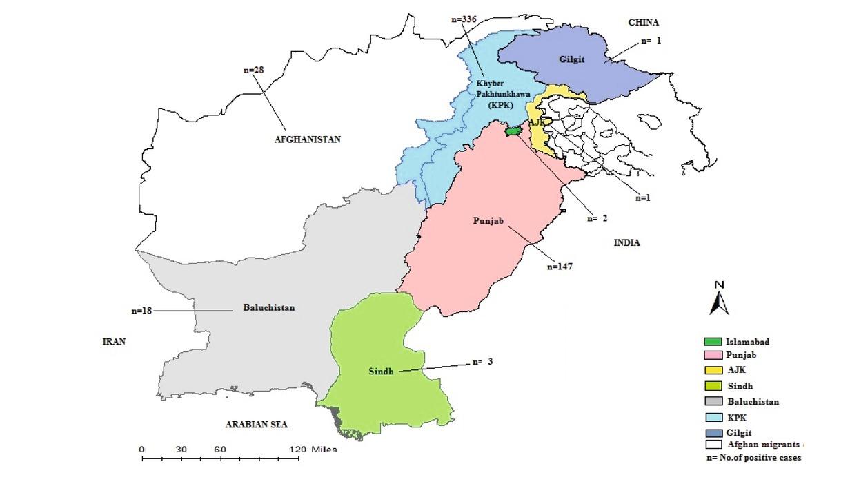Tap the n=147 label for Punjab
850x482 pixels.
click(x=560, y=266)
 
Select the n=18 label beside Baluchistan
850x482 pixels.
click(x=141, y=311)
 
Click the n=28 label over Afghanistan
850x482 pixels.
click(x=254, y=70)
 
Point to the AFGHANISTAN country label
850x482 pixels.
click(x=308, y=139)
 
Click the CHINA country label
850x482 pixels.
click(x=643, y=23)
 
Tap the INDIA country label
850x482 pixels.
click(x=626, y=243)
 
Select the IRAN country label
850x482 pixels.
click(x=114, y=342)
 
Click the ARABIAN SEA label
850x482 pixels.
click(x=256, y=425)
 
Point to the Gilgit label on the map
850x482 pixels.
click(x=571, y=59)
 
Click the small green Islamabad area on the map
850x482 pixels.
click(x=513, y=131)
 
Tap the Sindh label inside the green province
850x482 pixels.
click(x=380, y=371)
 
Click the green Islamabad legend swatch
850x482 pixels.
click(x=713, y=342)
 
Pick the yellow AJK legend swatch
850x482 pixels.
click(x=713, y=370)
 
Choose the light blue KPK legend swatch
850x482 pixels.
click(x=713, y=418)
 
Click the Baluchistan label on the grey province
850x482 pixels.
click(x=268, y=307)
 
